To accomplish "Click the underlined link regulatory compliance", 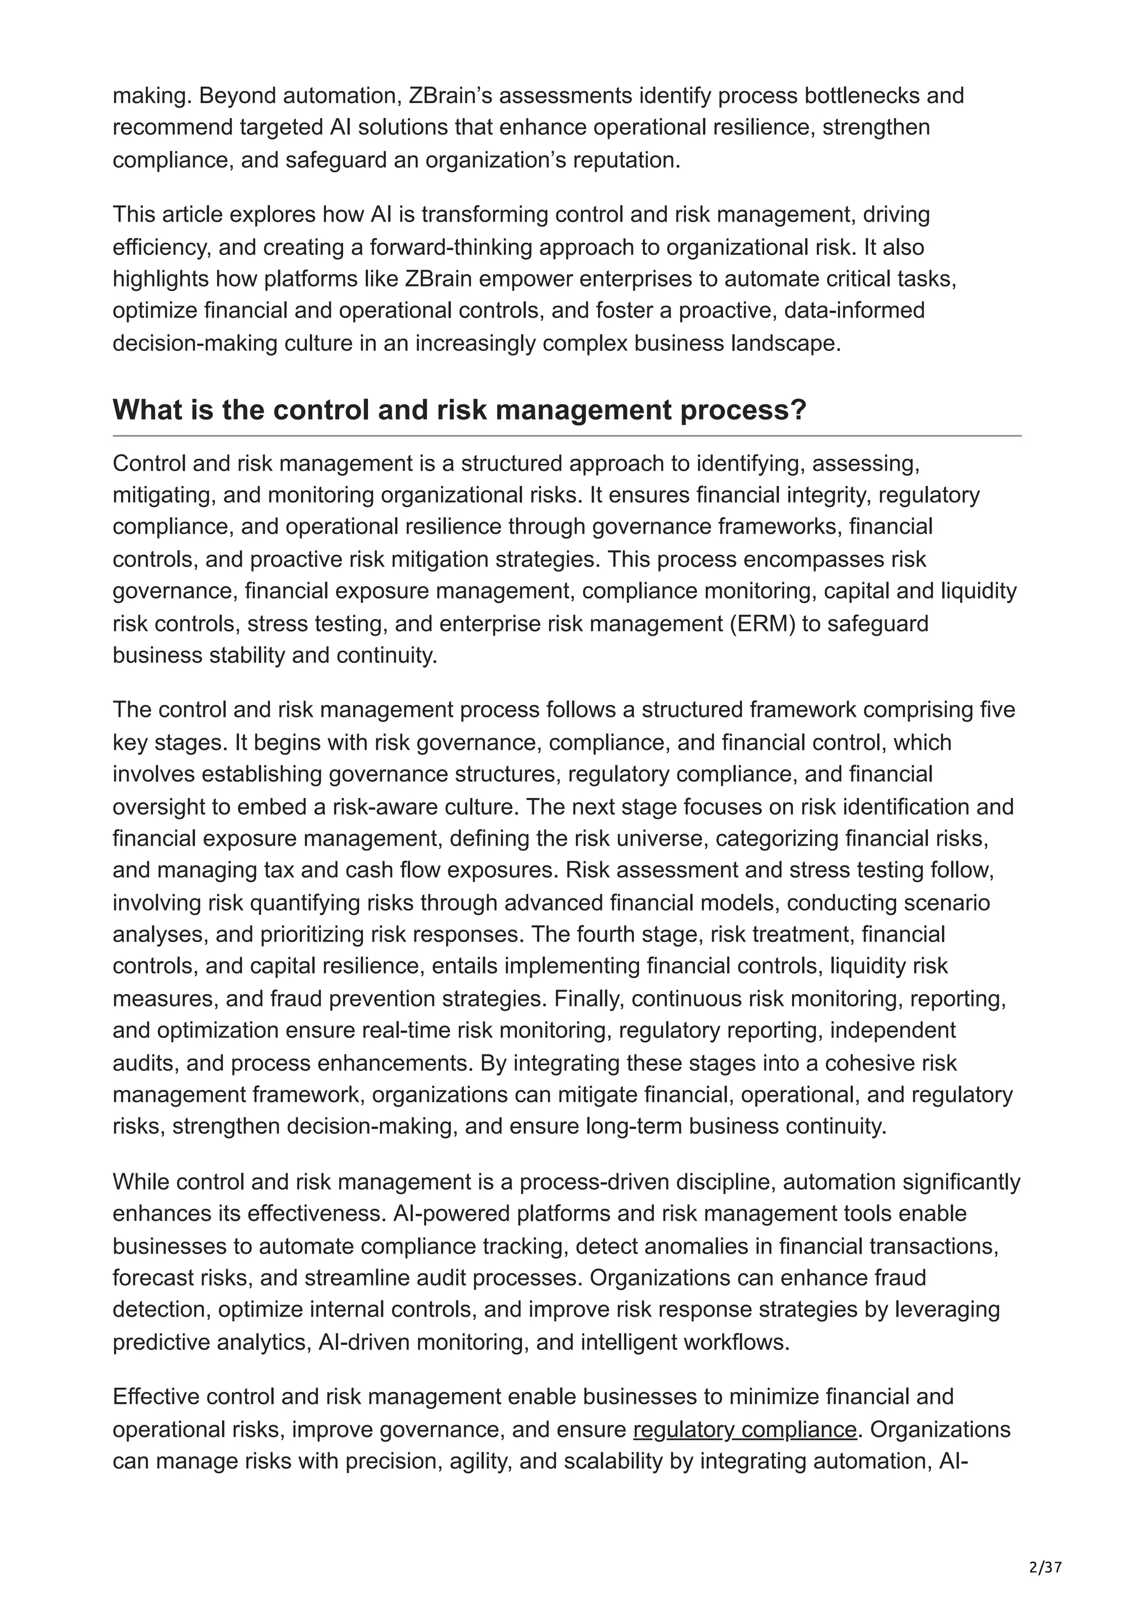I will [745, 1429].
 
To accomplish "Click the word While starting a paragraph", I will [142, 1182].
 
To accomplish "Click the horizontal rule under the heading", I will [567, 436].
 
